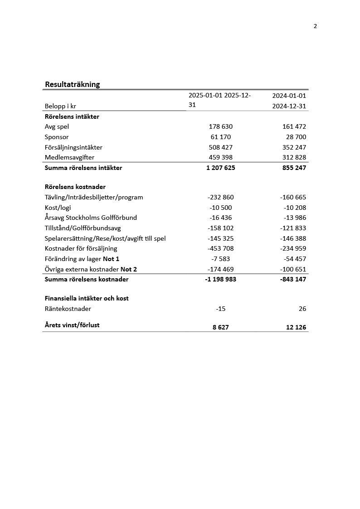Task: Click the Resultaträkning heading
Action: tap(73, 84)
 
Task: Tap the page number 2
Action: tap(315, 26)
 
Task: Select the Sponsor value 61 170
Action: tap(221, 137)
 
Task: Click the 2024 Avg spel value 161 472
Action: tap(294, 126)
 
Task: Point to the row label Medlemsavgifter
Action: tap(69, 157)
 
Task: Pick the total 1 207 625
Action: tap(221, 168)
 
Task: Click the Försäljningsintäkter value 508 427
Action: tap(221, 147)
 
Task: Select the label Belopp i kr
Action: tap(60, 106)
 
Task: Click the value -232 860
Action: tap(221, 197)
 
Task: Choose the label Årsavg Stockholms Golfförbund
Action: tap(91, 218)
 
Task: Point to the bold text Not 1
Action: tap(111, 259)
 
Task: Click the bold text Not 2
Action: tap(129, 269)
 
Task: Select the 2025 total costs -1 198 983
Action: tap(221, 279)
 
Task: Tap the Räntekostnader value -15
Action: tap(221, 309)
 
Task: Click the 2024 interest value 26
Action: tap(302, 309)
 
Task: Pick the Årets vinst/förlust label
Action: tap(72, 325)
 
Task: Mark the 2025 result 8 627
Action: tap(221, 327)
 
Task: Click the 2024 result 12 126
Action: tap(296, 327)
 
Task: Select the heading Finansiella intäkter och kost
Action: tap(87, 298)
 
